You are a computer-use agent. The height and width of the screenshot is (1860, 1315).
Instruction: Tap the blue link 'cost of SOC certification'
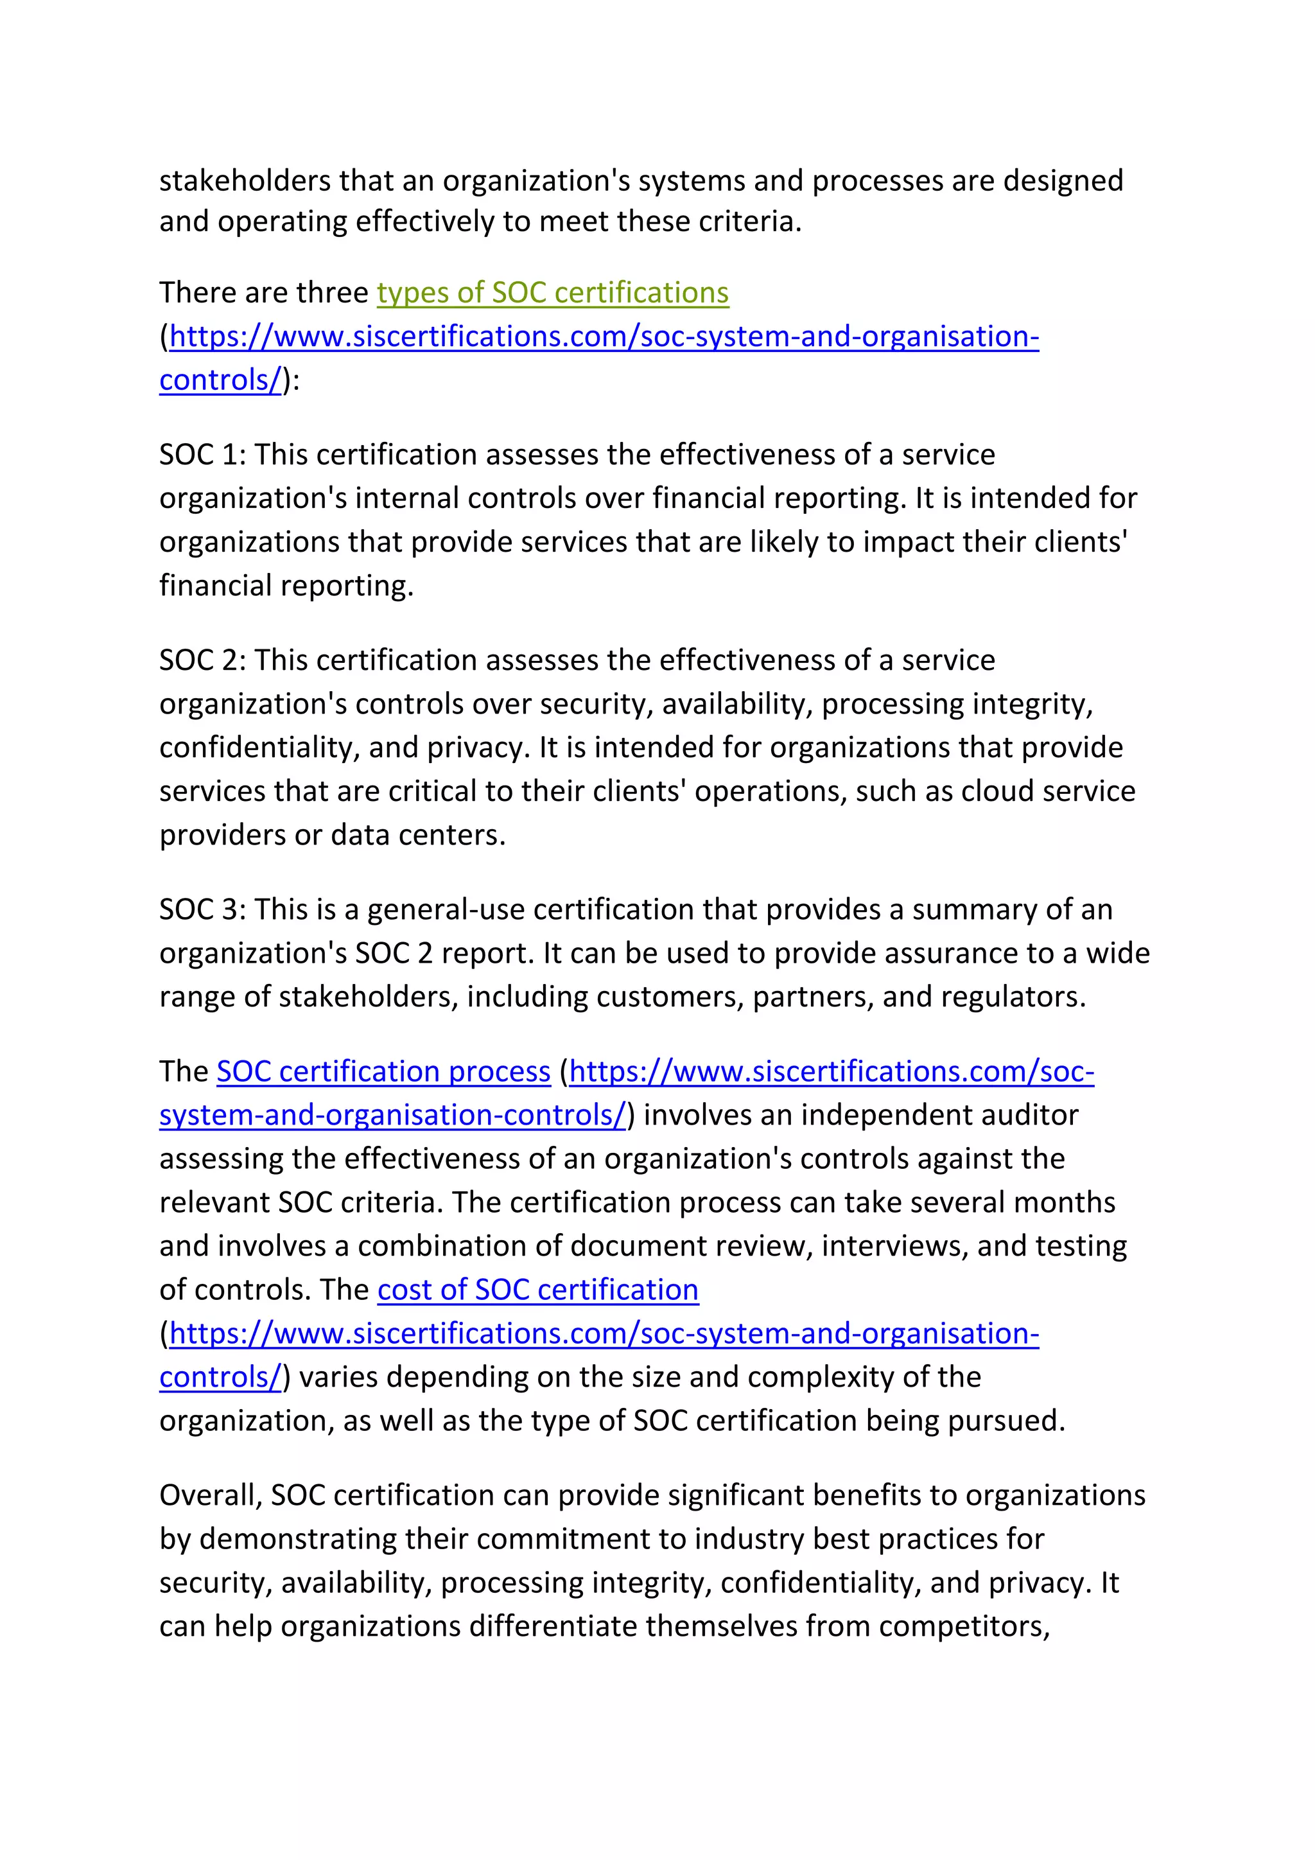[x=537, y=1289]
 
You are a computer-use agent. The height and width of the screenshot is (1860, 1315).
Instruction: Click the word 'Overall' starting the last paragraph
[x=210, y=1495]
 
